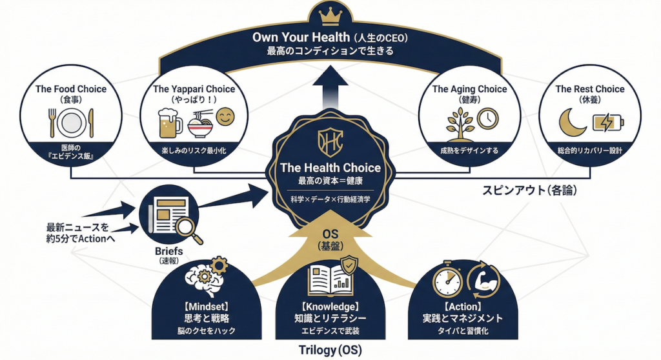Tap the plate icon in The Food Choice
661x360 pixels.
[70, 121]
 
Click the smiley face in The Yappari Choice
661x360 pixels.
[225, 118]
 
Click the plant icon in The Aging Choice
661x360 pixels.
[462, 122]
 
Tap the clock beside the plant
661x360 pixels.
[488, 117]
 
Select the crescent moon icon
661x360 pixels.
[571, 121]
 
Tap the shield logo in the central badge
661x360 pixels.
[330, 140]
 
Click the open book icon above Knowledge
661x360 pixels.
[330, 277]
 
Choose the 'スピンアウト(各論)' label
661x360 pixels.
[529, 191]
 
